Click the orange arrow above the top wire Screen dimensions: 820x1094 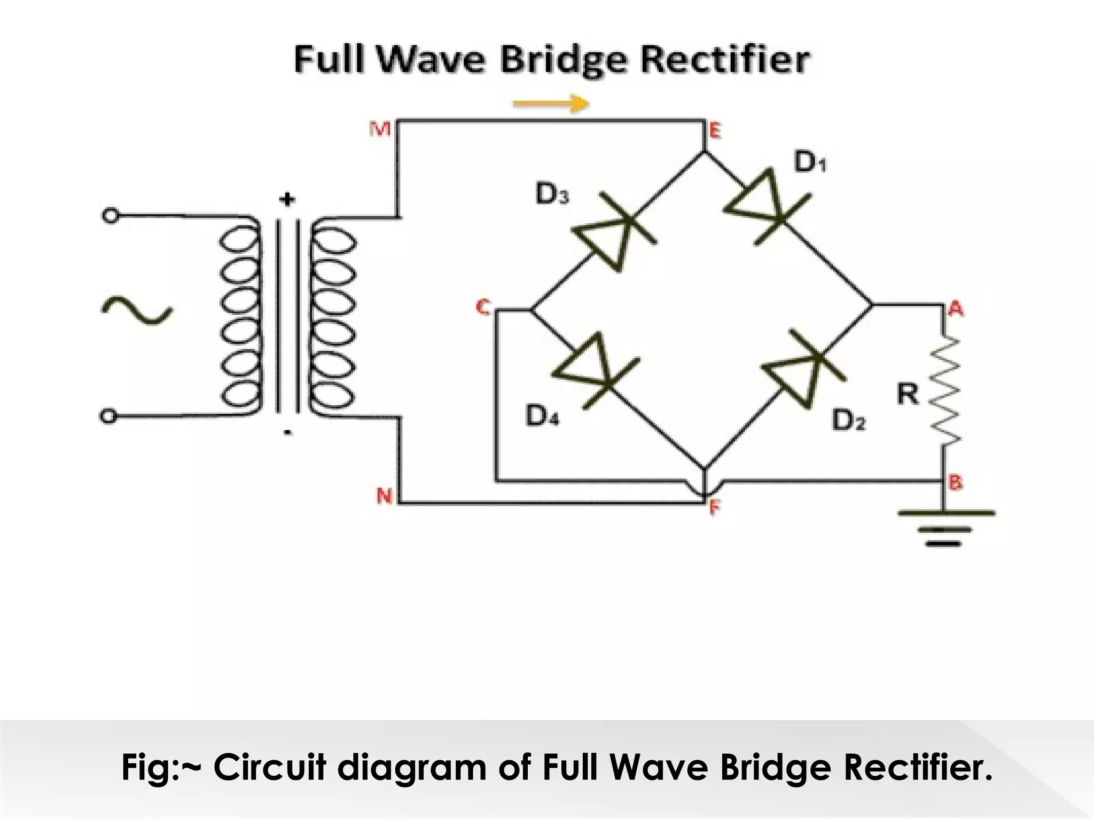[551, 104]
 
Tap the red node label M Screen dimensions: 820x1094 [380, 129]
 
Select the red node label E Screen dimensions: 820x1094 [714, 130]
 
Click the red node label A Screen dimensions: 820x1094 [956, 308]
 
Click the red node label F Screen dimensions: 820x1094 [715, 508]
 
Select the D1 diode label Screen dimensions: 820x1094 [810, 163]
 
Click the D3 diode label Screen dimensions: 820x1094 [552, 195]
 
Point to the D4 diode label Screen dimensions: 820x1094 [542, 416]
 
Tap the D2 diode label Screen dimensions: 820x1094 [848, 421]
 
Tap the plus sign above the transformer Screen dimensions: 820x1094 [287, 200]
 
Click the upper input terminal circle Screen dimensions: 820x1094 [110, 216]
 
